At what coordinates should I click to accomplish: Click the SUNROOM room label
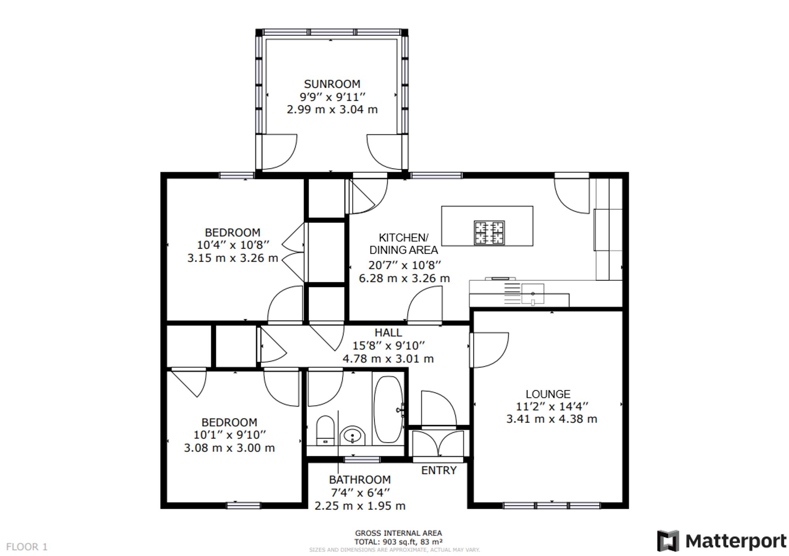pyautogui.click(x=332, y=84)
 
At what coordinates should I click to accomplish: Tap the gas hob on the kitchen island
pyautogui.click(x=489, y=233)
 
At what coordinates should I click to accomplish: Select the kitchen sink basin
pyautogui.click(x=533, y=294)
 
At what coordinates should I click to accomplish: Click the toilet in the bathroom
pyautogui.click(x=325, y=430)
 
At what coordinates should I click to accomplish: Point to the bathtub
pyautogui.click(x=388, y=409)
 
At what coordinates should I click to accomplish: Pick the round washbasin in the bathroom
pyautogui.click(x=352, y=436)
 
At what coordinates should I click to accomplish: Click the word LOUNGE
pyautogui.click(x=548, y=394)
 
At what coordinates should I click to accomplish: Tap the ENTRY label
pyautogui.click(x=439, y=470)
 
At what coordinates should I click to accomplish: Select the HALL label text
pyautogui.click(x=388, y=333)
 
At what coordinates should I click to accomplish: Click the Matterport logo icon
pyautogui.click(x=668, y=541)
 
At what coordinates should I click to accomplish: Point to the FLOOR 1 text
pyautogui.click(x=27, y=547)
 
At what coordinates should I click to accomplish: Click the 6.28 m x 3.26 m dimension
pyautogui.click(x=404, y=279)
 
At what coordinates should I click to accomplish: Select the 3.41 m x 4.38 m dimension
pyautogui.click(x=552, y=419)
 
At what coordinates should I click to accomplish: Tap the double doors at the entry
pyautogui.click(x=438, y=444)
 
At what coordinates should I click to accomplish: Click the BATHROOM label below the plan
pyautogui.click(x=360, y=480)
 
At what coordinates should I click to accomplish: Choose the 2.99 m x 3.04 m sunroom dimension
pyautogui.click(x=332, y=109)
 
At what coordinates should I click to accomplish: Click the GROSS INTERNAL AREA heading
pyautogui.click(x=398, y=534)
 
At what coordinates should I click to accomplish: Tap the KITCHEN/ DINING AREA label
pyautogui.click(x=404, y=244)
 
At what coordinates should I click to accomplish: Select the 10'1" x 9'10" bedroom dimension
pyautogui.click(x=230, y=435)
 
